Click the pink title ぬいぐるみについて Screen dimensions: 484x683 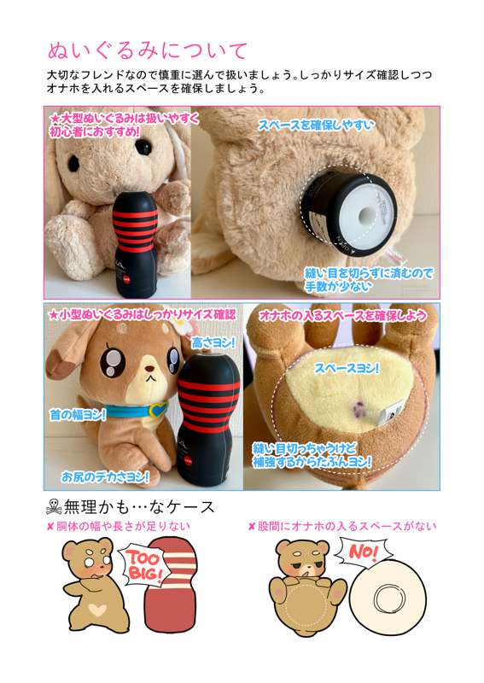coord(147,51)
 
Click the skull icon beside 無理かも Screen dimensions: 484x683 coord(53,507)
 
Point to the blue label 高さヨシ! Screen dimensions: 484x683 coord(213,343)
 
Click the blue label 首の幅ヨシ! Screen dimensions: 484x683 coord(78,414)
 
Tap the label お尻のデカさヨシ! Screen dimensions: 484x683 coord(104,476)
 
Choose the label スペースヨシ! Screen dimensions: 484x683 coord(347,369)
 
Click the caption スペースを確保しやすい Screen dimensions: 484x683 coord(317,126)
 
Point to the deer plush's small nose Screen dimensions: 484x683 coord(149,369)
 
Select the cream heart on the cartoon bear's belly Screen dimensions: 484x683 coord(97,610)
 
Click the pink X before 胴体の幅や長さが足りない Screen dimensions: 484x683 coord(50,527)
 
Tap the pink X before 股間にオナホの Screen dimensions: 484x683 coord(251,527)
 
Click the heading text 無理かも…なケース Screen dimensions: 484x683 coord(139,507)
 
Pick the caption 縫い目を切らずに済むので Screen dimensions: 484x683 coord(369,273)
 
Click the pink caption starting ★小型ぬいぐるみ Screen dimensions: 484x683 coord(142,314)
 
